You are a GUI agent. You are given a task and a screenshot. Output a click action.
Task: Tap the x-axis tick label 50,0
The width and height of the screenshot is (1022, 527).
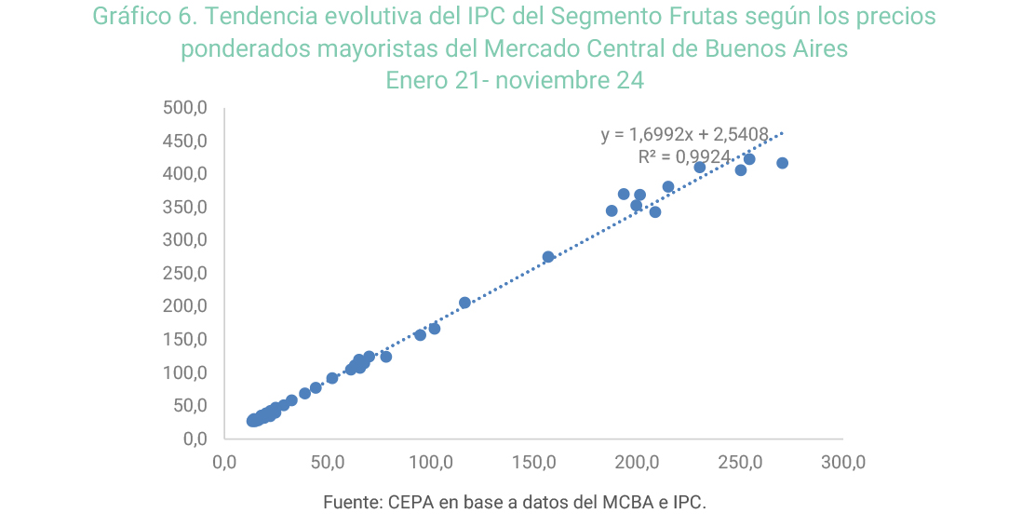[x=327, y=462]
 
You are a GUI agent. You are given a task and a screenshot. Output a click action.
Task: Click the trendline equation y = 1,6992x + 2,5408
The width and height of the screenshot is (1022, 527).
[x=684, y=135]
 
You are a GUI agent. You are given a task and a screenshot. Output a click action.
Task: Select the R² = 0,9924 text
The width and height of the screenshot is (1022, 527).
[x=684, y=157]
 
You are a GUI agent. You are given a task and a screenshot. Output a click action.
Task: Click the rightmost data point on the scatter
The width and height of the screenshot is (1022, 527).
[x=782, y=163]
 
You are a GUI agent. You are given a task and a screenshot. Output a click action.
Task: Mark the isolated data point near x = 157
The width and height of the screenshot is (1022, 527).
[x=548, y=257]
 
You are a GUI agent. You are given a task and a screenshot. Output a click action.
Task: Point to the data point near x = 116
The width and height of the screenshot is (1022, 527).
[x=464, y=303]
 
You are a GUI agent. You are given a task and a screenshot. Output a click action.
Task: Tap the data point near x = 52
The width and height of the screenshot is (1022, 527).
[x=332, y=378]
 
